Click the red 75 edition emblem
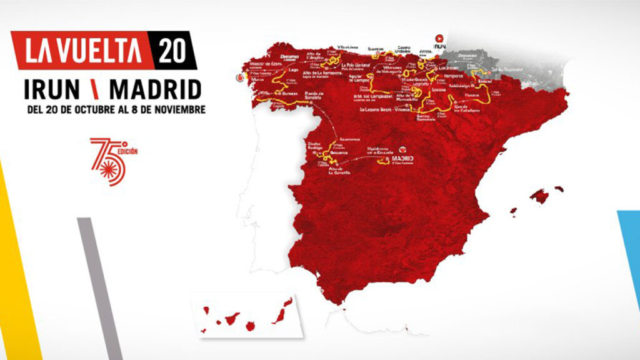[111, 159]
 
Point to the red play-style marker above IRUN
[439, 37]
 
